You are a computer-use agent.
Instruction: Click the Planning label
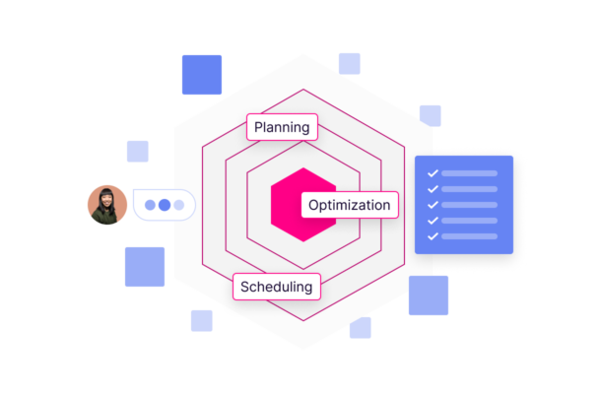pos(282,127)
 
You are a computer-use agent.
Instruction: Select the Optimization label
pos(349,205)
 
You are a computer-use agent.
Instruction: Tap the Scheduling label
pos(276,287)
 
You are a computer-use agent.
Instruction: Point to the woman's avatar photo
pos(107,205)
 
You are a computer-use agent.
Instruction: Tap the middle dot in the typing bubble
pos(165,205)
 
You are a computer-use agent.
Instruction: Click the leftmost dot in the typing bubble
pos(150,205)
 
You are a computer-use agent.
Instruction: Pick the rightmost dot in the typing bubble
pos(179,205)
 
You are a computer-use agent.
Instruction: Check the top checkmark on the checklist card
pos(433,173)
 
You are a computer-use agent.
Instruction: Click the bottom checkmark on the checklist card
pos(433,236)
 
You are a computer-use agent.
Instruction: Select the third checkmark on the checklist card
pos(433,205)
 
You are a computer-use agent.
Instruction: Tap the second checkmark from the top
pos(433,189)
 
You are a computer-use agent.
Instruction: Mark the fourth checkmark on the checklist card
pos(433,221)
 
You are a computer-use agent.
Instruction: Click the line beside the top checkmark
pos(470,173)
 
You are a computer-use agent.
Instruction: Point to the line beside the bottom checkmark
pos(470,236)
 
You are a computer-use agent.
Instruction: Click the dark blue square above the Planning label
pos(202,75)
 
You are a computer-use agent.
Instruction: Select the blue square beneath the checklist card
pos(429,295)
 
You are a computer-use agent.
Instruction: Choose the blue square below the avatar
pos(145,267)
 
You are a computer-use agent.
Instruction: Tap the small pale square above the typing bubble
pos(138,151)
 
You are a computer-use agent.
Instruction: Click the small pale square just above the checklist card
pos(431,115)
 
